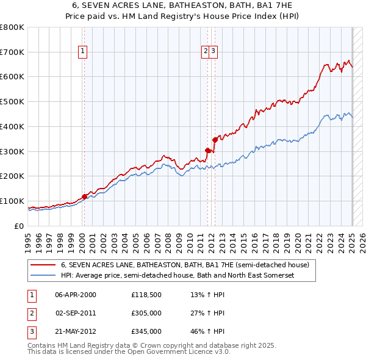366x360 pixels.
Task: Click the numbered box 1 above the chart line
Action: click(x=82, y=51)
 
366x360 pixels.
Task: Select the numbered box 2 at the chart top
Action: click(x=206, y=51)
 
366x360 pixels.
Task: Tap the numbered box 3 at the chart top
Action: click(x=214, y=51)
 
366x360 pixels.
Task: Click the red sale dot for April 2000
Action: click(x=85, y=196)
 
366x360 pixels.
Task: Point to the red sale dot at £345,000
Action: click(x=215, y=140)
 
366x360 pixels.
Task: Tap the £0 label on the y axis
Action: click(x=19, y=226)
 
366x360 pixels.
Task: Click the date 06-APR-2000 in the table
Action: click(x=76, y=295)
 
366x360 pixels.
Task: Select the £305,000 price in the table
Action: click(x=146, y=313)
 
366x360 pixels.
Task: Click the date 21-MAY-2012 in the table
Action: click(x=76, y=331)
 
